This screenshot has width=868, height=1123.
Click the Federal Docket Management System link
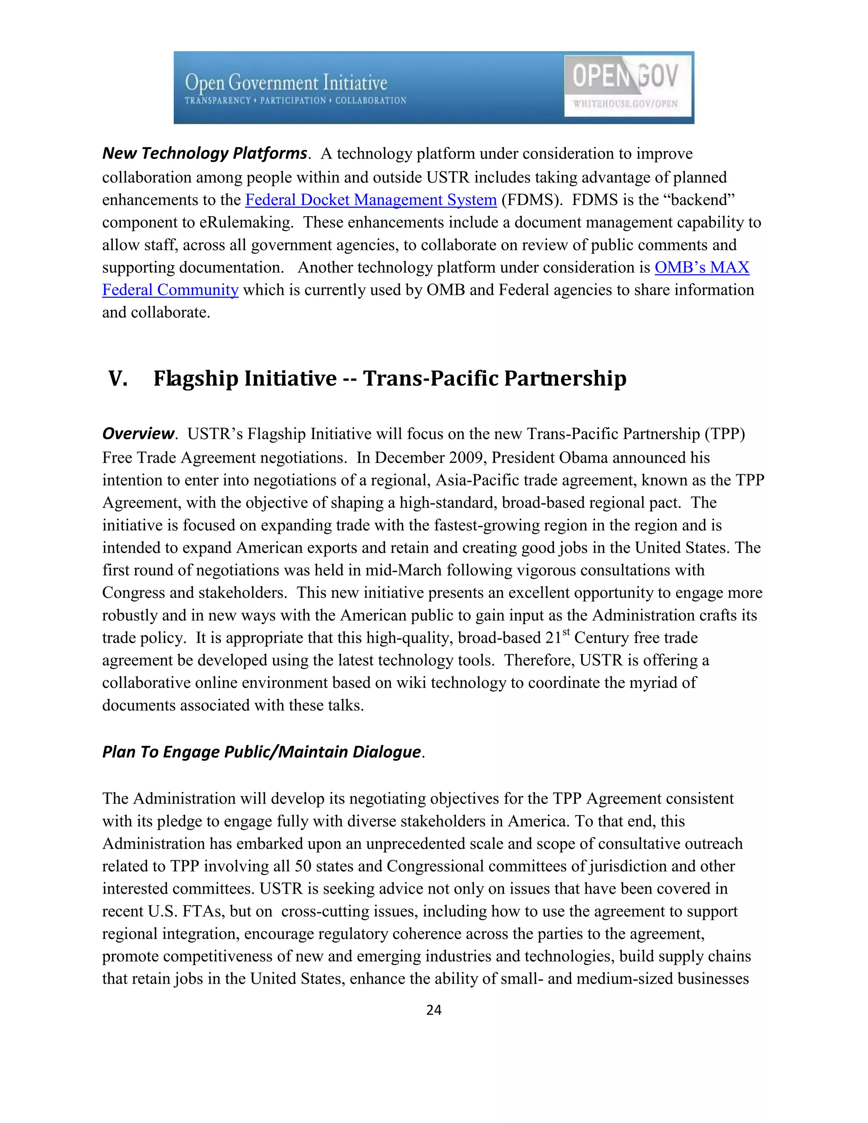coord(371,200)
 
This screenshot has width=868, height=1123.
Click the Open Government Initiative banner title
coord(286,82)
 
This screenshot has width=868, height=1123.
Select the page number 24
coord(434,1010)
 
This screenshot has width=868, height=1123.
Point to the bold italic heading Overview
coord(138,434)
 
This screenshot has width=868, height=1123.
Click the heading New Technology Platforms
coord(204,153)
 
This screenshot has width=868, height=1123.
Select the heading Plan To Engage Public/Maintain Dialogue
coord(261,752)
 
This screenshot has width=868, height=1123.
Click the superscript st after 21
coord(566,632)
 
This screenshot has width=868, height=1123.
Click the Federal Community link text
coord(170,290)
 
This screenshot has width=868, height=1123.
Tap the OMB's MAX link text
coord(701,267)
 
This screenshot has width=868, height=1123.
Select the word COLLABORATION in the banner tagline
coord(371,100)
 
